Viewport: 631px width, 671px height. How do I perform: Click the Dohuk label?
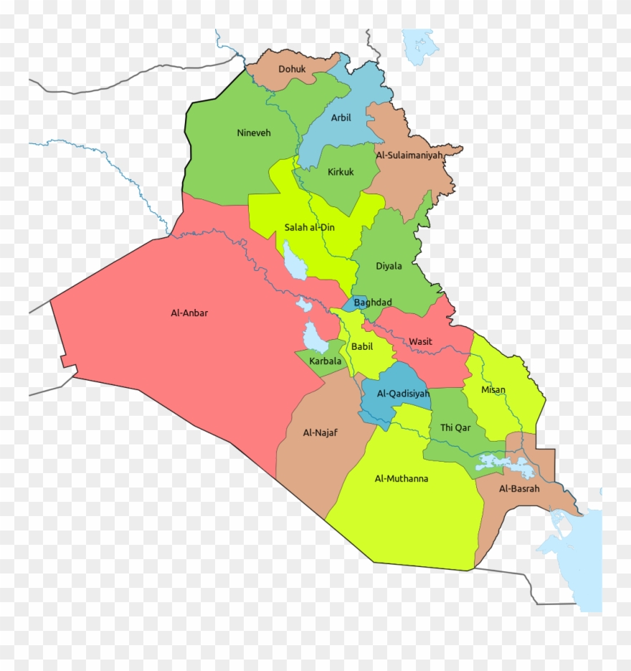292,70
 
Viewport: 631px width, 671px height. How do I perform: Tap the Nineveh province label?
254,133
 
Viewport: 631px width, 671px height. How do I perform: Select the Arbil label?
341,118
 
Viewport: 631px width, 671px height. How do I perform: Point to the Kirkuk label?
341,172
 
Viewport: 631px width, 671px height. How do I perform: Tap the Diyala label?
389,266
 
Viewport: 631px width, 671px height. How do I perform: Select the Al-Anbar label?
189,313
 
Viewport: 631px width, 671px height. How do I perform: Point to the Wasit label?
420,341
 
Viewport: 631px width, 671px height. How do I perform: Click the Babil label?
361,347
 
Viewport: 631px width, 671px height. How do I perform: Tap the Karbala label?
326,361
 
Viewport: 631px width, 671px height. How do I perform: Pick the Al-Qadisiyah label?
402,394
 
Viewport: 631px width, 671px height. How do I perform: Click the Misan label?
493,390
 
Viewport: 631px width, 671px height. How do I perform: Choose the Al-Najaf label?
320,432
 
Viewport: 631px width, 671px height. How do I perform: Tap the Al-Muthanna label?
401,478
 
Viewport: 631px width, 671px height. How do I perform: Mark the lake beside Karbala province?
313,335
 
